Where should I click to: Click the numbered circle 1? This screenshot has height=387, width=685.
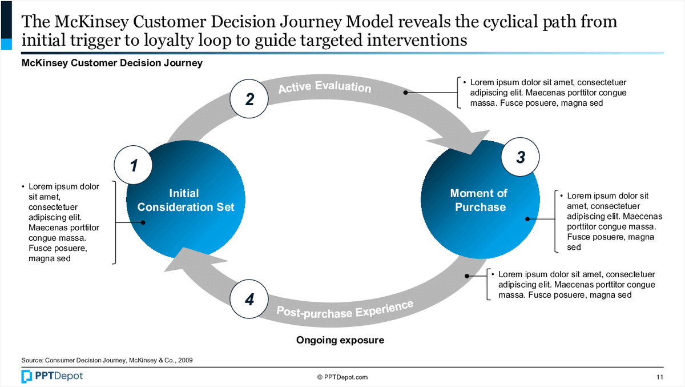coord(134,166)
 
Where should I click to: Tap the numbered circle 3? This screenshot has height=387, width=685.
coord(520,158)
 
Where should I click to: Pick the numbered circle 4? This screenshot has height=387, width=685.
coord(249,300)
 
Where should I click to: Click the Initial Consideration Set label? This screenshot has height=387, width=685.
coord(186,200)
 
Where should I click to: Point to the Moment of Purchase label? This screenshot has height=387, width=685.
coord(480,200)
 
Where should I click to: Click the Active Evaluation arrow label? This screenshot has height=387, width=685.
coord(324,87)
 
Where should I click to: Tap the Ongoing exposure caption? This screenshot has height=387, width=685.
coord(340,340)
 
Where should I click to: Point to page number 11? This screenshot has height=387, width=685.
coord(660,377)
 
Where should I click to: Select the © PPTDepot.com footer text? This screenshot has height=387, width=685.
coord(342,377)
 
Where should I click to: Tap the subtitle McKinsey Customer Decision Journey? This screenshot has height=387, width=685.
coord(112,63)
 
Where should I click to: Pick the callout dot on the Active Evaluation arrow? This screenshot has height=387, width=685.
coord(406,92)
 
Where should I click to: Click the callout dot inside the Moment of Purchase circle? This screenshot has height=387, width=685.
coord(527,218)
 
